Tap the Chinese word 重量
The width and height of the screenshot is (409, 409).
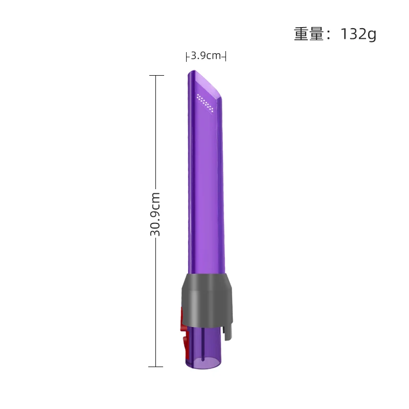(309, 34)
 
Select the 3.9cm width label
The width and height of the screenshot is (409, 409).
(206, 56)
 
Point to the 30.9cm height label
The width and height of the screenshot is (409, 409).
(155, 214)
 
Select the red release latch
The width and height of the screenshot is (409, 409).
(183, 327)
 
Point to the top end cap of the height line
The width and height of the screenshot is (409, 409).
(156, 76)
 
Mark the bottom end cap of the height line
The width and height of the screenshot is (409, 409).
(156, 367)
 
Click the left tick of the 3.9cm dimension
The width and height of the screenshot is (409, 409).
(187, 56)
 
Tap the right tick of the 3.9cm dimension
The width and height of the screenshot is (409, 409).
(225, 56)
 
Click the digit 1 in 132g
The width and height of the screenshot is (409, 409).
(344, 34)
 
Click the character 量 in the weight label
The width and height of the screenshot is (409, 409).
(317, 34)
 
